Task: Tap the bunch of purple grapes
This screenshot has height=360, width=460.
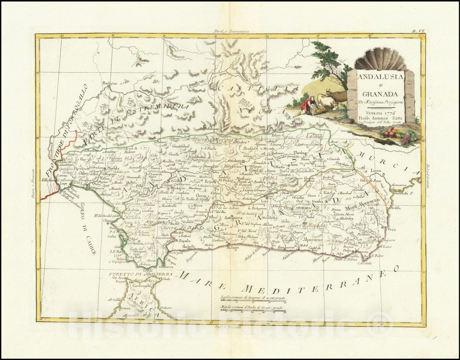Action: click(406, 140)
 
